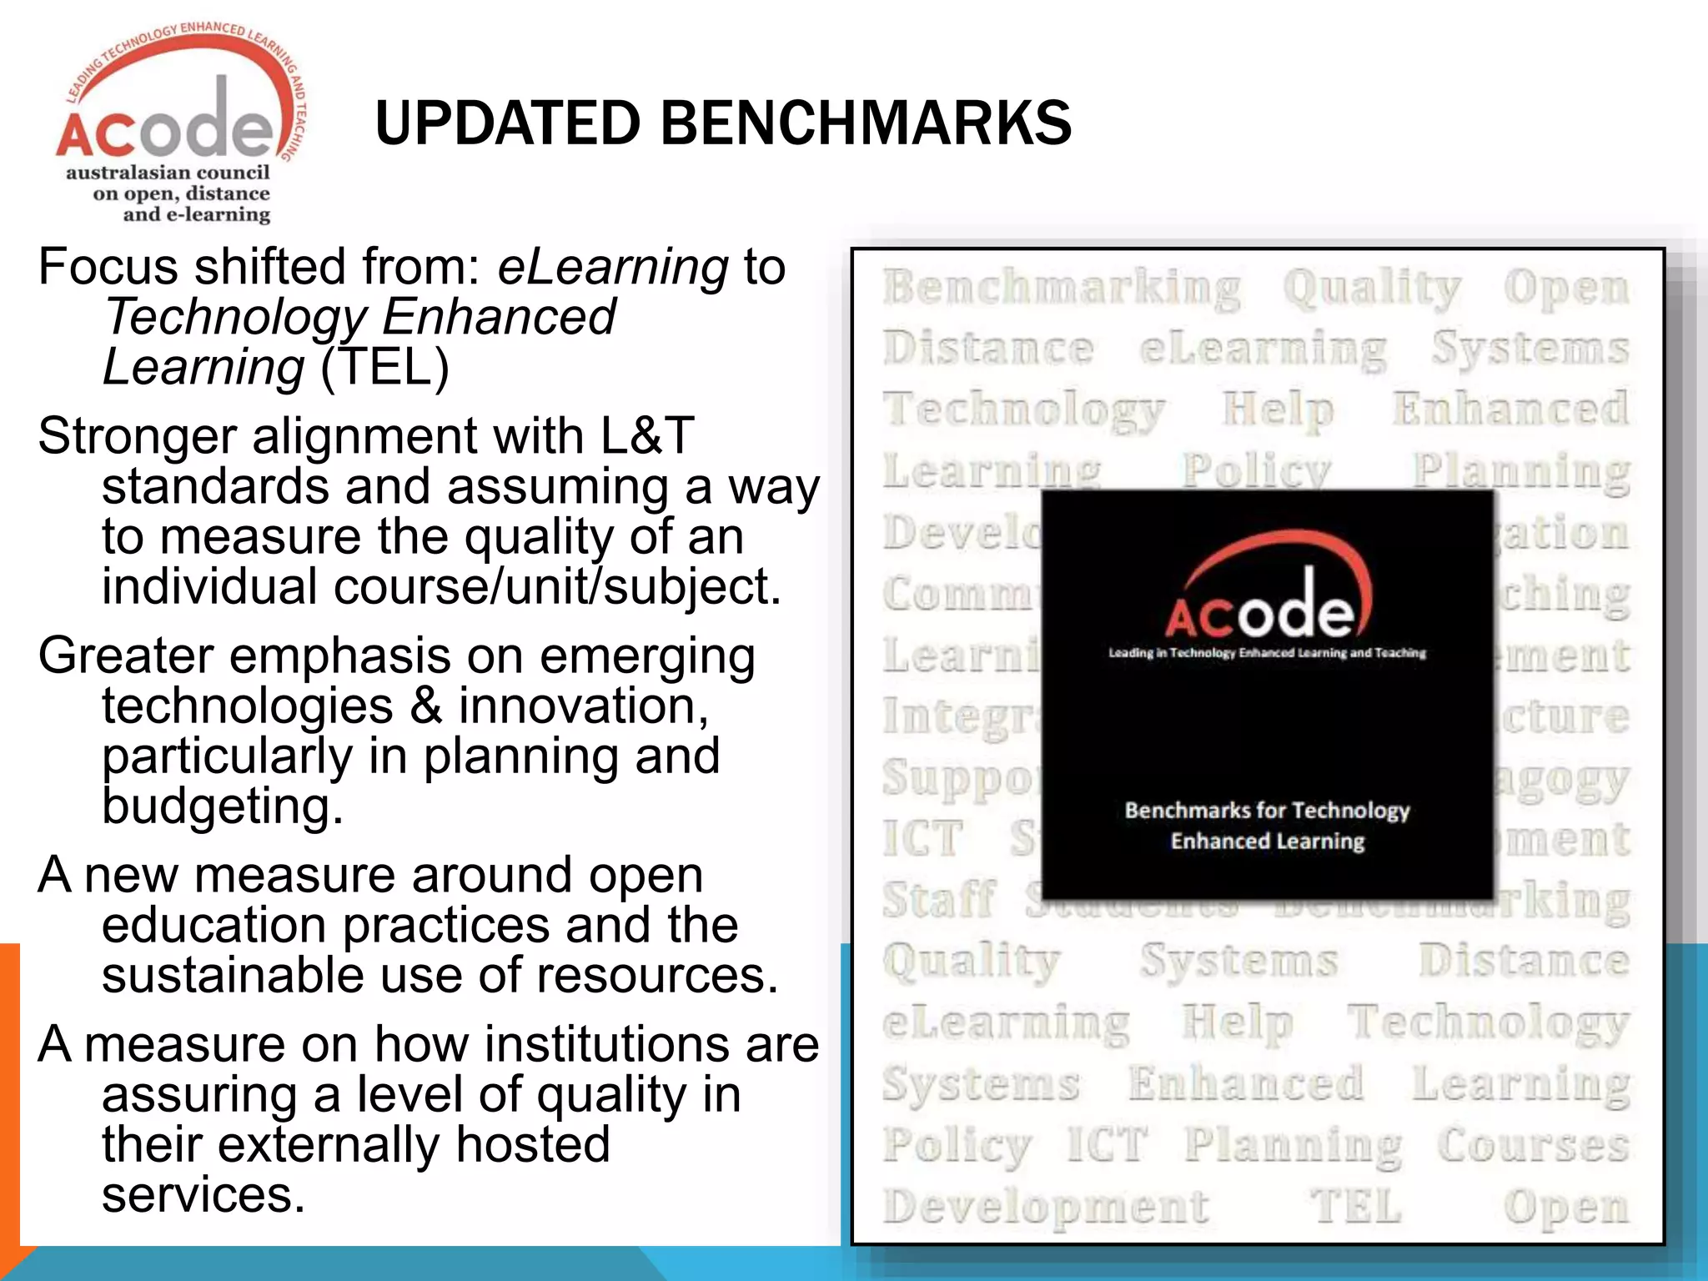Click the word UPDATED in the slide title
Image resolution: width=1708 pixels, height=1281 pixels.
(x=507, y=123)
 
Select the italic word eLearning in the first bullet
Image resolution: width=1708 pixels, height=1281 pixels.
(x=613, y=267)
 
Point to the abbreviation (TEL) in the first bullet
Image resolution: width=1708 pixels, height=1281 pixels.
(x=384, y=367)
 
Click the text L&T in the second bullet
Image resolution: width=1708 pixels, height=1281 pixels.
(x=646, y=435)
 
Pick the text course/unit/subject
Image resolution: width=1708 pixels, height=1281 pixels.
(x=557, y=586)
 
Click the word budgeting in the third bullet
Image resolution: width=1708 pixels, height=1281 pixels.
(x=222, y=806)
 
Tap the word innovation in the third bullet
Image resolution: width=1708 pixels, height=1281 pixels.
(x=583, y=706)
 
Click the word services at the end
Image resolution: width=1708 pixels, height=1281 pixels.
(x=203, y=1194)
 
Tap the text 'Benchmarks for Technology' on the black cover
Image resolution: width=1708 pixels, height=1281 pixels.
(x=1267, y=810)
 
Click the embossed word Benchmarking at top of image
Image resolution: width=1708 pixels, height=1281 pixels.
(x=1062, y=288)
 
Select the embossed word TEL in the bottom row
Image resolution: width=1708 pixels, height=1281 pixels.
(x=1356, y=1206)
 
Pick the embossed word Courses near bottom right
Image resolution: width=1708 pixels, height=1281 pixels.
(x=1533, y=1145)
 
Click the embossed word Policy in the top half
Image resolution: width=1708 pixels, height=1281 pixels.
(x=1256, y=471)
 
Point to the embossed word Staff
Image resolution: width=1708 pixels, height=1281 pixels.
(x=940, y=901)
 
